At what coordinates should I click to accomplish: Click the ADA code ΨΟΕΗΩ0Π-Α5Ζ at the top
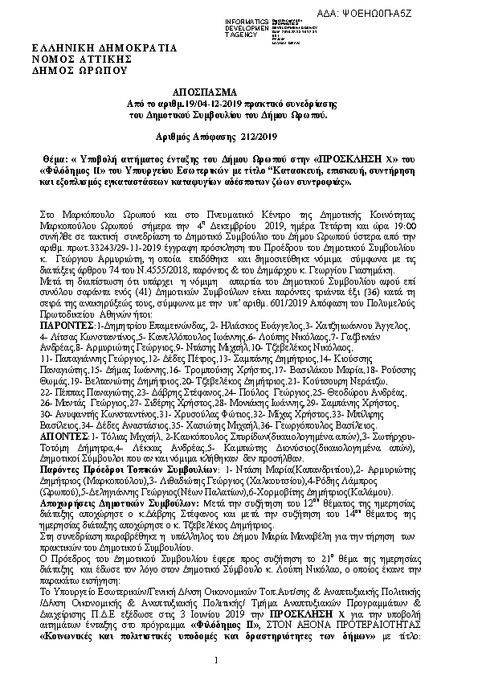pos(417,7)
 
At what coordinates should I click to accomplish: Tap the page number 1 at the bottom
pos(217,661)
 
